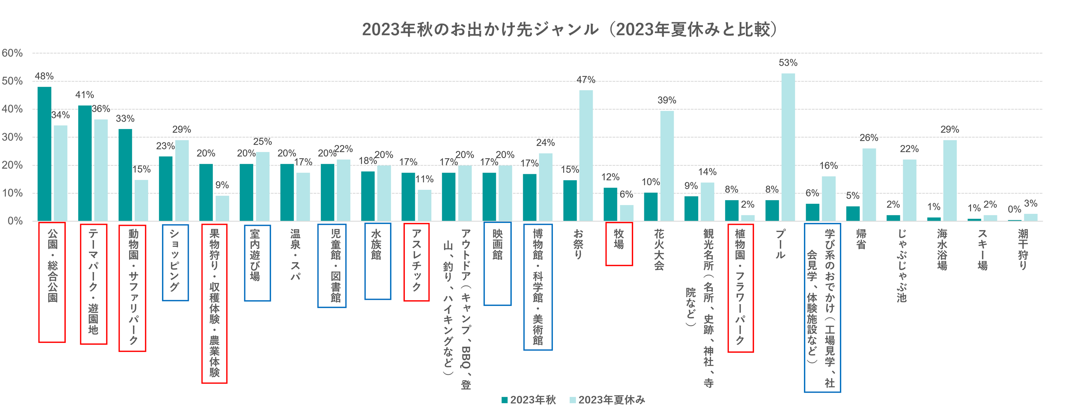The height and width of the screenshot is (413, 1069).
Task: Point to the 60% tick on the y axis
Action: tap(12, 53)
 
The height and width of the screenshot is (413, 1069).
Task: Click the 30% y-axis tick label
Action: tap(12, 137)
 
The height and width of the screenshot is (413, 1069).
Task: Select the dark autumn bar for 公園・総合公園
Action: tap(44, 153)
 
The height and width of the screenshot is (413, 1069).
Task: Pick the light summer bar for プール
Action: tap(788, 147)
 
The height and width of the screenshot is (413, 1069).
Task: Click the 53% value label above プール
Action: tap(788, 63)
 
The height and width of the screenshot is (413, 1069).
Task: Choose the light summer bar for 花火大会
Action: tap(667, 166)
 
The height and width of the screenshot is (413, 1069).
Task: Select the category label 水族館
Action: tap(376, 245)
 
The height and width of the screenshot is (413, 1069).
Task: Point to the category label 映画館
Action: tap(497, 245)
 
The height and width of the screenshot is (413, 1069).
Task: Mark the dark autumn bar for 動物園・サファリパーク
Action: tap(125, 175)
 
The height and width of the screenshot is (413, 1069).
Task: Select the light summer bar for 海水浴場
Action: tap(950, 180)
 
